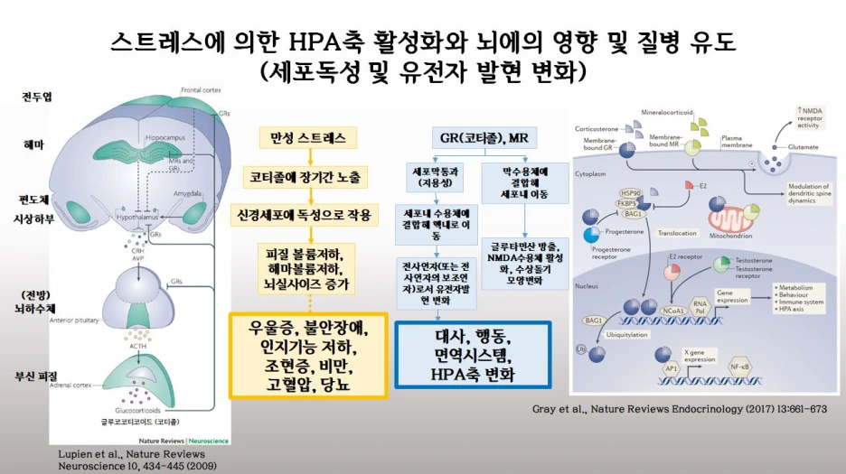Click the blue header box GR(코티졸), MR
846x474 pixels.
[484, 138]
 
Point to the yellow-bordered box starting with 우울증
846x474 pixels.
[308, 356]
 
